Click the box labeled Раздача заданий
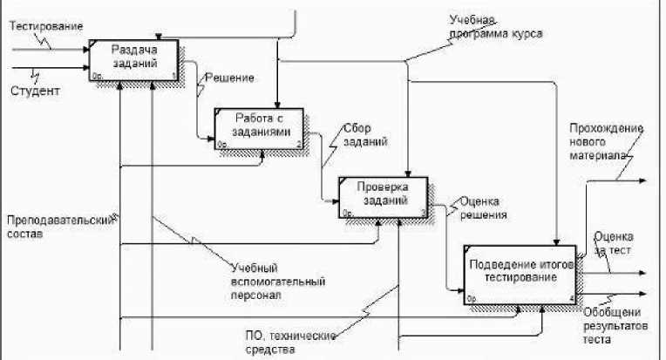[134, 60]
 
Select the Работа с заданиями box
[259, 127]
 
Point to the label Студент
[36, 90]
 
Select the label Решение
[229, 78]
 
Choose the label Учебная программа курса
[495, 27]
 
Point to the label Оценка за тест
[614, 243]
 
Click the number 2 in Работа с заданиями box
[299, 144]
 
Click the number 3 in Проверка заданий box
[424, 213]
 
